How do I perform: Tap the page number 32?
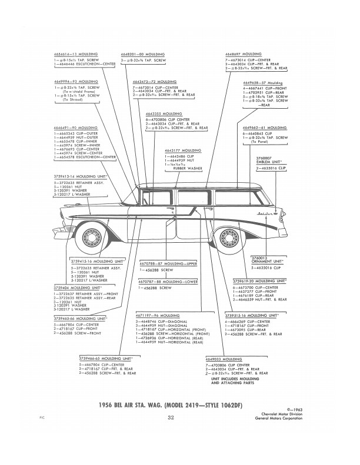pyautogui.click(x=171, y=419)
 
